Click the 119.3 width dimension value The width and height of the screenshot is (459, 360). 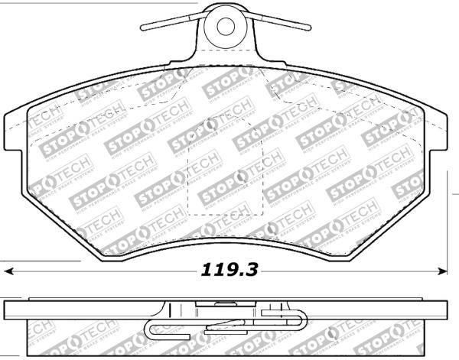[x=228, y=271]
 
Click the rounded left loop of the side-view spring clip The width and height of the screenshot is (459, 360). [x=151, y=330]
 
